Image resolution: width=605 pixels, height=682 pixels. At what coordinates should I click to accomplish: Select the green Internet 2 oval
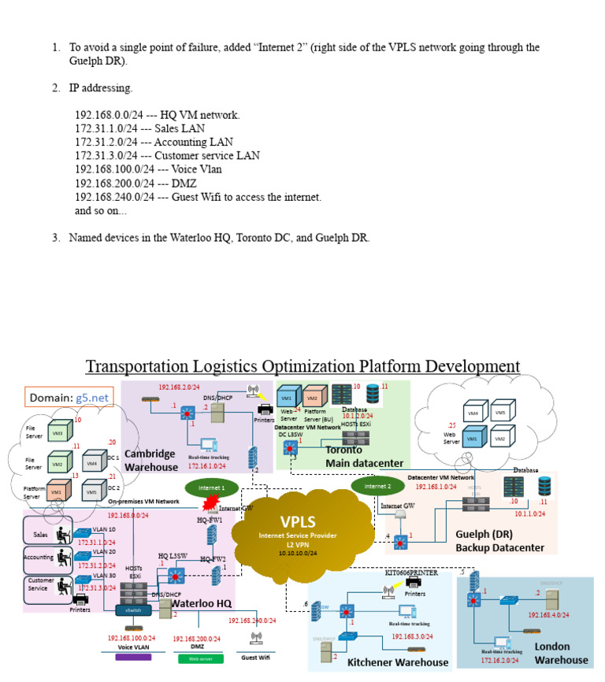377,487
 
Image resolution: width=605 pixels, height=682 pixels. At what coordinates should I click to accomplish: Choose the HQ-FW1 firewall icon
212,535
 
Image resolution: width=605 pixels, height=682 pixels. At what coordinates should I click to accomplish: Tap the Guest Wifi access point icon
255,637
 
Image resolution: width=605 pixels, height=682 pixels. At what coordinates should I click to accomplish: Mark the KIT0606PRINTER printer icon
410,583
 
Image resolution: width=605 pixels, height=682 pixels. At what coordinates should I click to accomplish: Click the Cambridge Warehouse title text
152,460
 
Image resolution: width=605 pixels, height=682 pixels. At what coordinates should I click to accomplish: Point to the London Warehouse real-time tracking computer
502,642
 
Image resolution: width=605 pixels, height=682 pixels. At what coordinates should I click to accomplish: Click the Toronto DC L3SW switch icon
289,447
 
